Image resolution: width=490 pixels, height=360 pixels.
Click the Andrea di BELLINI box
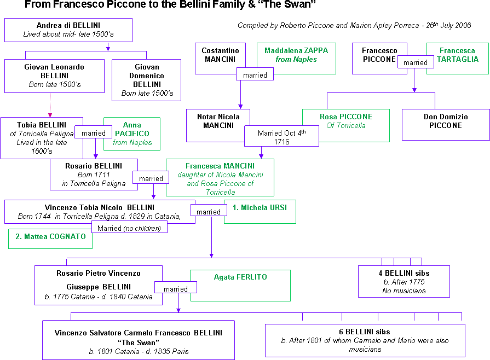click(x=68, y=30)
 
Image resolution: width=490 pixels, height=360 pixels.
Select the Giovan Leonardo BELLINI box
click(x=54, y=76)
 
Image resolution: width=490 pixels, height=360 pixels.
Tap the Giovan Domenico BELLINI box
click(x=146, y=80)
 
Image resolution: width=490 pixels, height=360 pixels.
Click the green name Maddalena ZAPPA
click(x=296, y=50)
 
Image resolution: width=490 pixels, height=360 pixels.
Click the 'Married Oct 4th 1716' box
click(x=281, y=137)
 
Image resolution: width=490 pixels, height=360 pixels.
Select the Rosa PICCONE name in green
click(x=345, y=117)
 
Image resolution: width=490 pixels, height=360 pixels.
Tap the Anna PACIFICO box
click(x=132, y=133)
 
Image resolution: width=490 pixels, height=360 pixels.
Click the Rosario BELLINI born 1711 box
click(x=94, y=174)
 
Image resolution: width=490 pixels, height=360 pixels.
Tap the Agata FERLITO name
click(x=240, y=277)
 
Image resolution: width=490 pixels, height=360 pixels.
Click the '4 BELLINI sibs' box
click(x=403, y=281)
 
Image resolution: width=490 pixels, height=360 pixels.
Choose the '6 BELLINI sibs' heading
click(x=365, y=332)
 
